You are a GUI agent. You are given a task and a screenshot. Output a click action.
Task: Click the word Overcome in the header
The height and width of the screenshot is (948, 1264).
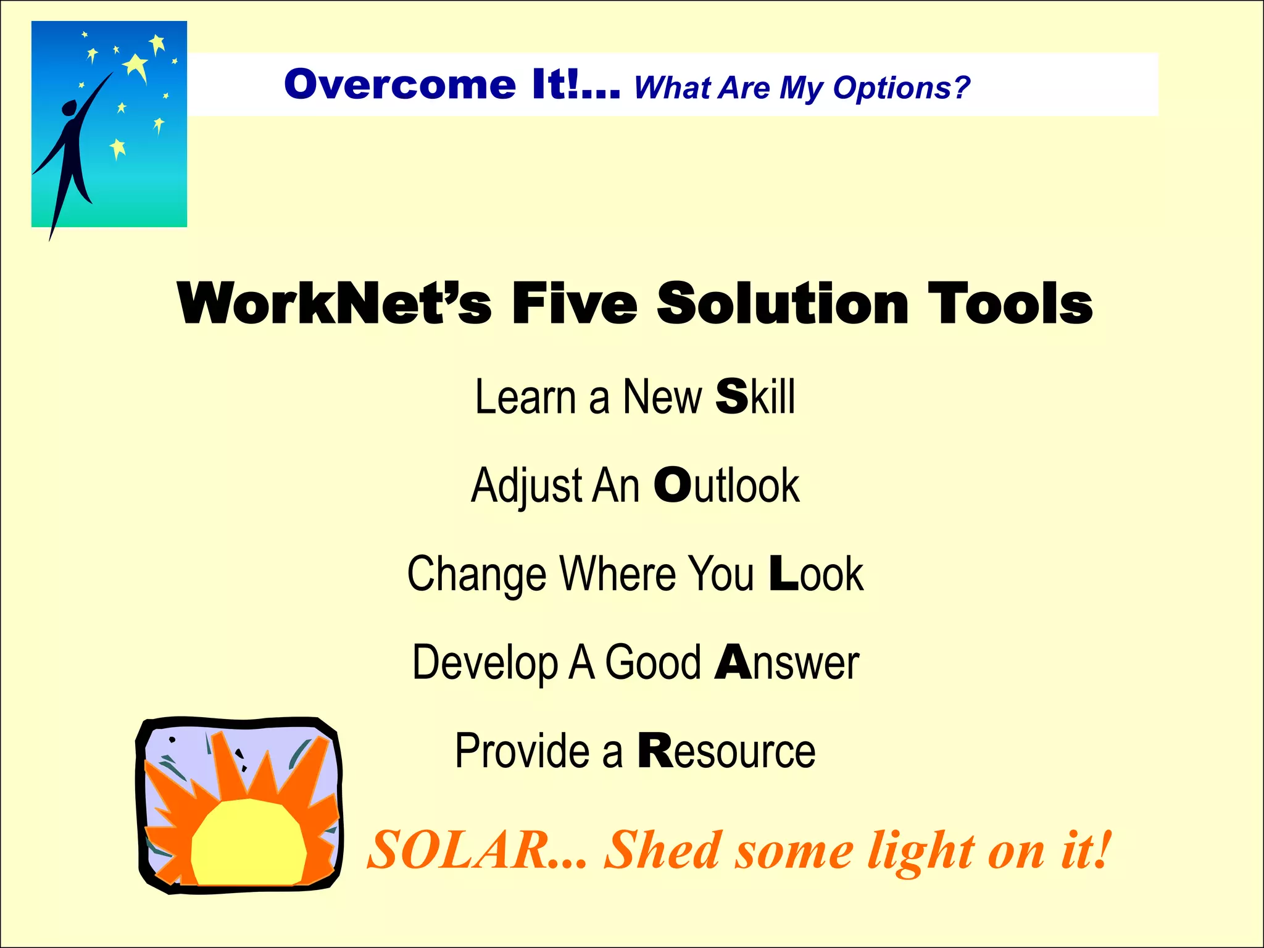click(x=399, y=85)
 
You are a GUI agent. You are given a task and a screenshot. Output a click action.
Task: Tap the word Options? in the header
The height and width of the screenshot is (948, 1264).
click(x=901, y=88)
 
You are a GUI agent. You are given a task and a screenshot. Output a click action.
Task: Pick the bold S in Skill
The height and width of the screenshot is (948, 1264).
click(x=731, y=396)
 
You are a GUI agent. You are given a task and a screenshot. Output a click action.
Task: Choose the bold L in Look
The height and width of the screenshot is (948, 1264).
click(x=784, y=573)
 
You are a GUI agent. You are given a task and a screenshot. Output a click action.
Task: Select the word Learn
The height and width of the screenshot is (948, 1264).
click(x=525, y=397)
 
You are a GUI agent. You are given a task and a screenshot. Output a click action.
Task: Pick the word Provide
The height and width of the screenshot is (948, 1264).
click(x=522, y=751)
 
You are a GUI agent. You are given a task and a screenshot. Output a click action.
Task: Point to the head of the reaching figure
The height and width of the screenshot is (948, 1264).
click(x=69, y=109)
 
